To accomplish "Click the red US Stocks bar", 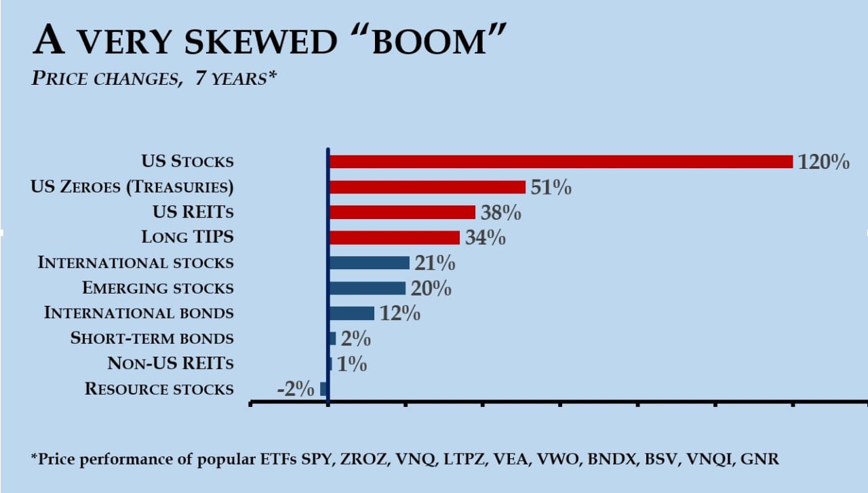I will [560, 161].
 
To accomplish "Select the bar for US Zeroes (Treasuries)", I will [427, 187].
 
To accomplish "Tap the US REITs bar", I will [402, 212].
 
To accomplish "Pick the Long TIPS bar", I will [394, 237].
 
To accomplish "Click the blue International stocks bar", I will [369, 262].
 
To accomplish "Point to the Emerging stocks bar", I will [367, 288].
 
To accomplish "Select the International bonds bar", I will [351, 313].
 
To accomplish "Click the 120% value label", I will [823, 162].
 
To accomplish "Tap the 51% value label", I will [551, 187].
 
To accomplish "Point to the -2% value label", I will [296, 389].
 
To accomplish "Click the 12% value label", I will [399, 314].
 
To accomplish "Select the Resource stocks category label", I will [159, 389].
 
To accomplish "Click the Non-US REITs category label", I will [170, 364].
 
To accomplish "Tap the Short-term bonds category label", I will [152, 338].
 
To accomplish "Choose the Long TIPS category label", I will [187, 237].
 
